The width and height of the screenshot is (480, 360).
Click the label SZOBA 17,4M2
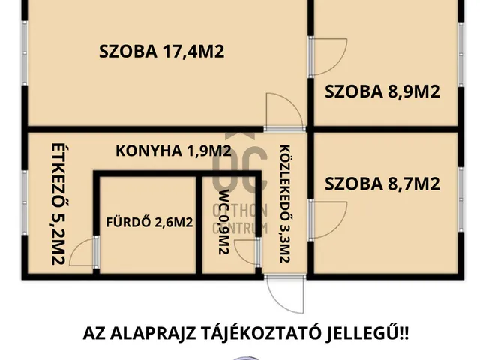[x=163, y=52]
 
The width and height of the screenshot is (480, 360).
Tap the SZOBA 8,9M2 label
[x=382, y=91]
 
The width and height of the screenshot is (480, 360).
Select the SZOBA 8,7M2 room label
[x=382, y=183]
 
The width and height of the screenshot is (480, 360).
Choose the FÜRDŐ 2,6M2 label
[x=149, y=222]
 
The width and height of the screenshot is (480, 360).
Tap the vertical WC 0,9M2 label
[x=223, y=225]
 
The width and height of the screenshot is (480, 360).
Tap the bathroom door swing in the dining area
[x=82, y=253]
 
